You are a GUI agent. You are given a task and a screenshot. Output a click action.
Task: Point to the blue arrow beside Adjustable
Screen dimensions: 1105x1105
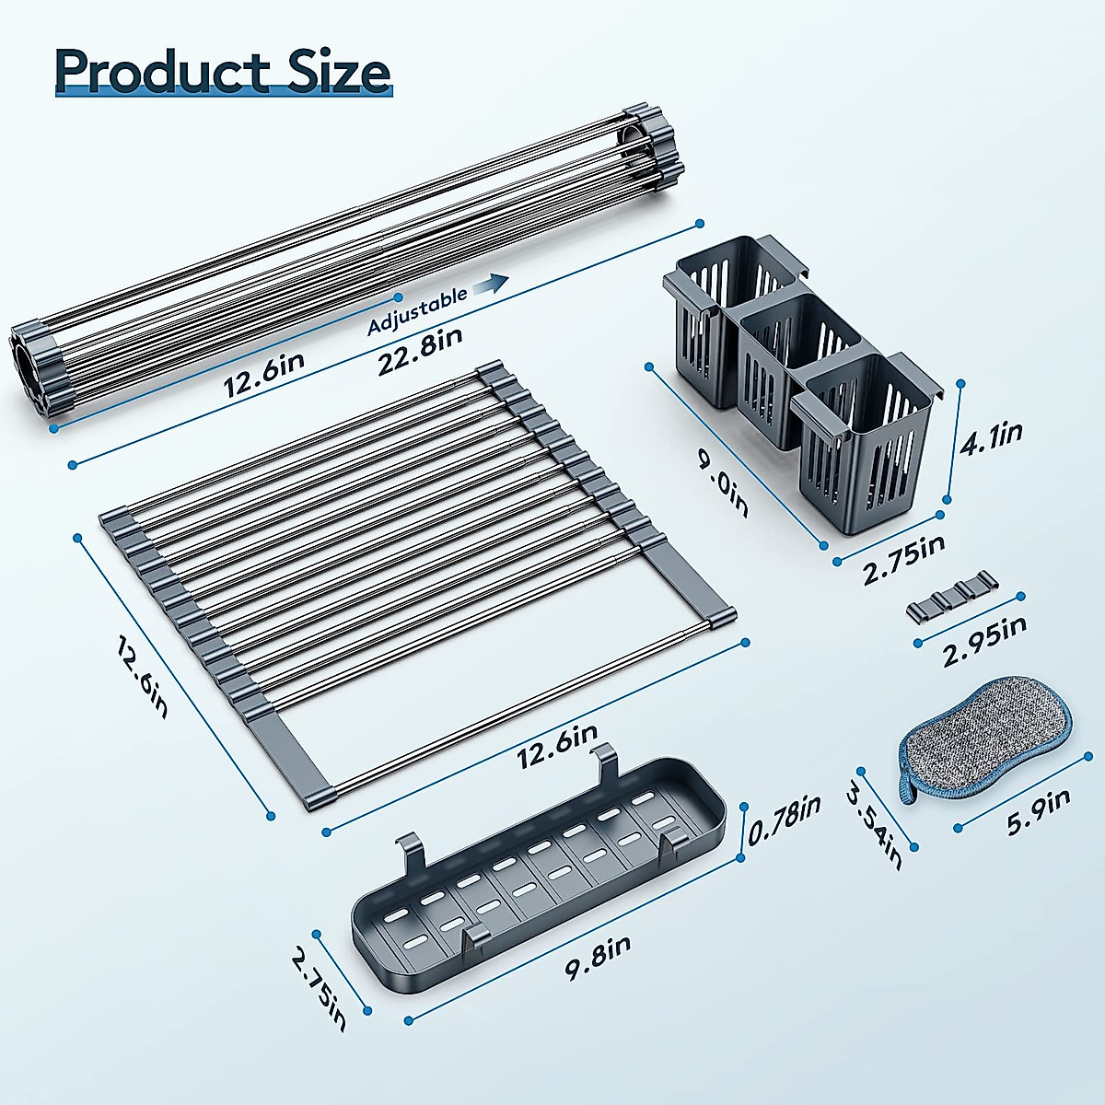pos(496,284)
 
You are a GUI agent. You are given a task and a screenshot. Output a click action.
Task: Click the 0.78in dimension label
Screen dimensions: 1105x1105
pos(784,820)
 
